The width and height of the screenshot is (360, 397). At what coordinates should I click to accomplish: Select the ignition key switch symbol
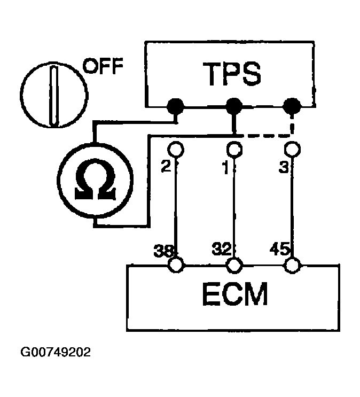click(53, 94)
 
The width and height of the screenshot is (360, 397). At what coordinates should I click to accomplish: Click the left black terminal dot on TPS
click(175, 106)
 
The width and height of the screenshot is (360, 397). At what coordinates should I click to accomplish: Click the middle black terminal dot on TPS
click(233, 106)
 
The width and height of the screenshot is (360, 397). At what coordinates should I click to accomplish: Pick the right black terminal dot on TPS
click(291, 106)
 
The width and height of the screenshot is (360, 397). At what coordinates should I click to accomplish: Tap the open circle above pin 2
click(175, 148)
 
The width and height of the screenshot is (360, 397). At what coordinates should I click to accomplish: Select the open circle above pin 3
click(291, 148)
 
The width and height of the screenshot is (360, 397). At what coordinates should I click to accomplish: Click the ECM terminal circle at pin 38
click(175, 264)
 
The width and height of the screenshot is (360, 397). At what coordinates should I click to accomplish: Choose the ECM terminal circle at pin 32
click(233, 264)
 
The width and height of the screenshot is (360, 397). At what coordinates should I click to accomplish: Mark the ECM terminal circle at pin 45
click(291, 264)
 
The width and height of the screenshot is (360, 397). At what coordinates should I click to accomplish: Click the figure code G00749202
click(56, 353)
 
